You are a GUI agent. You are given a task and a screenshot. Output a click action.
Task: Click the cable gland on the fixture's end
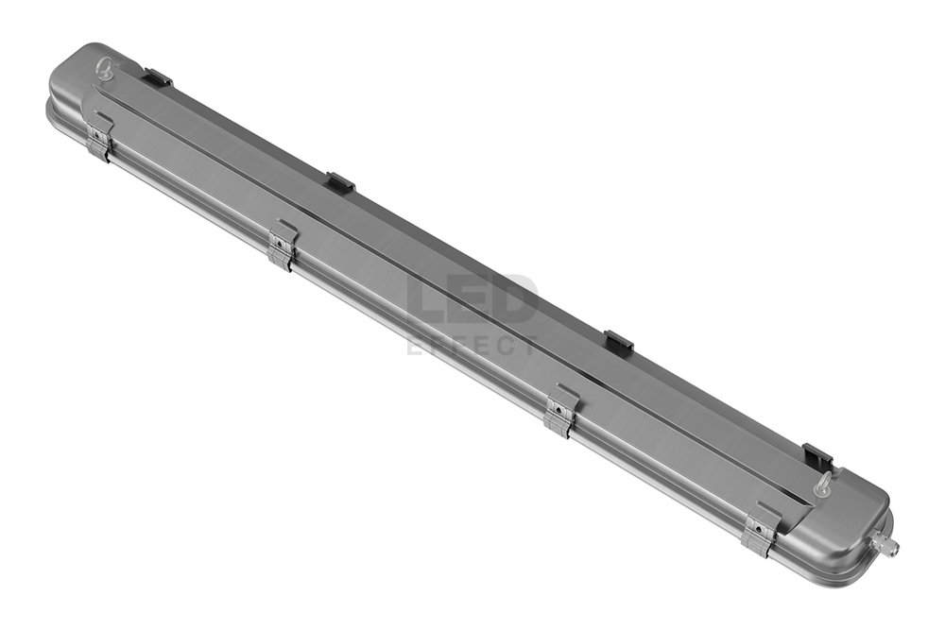(885, 541)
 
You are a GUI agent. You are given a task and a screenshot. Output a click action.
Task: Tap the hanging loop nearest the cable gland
(824, 485)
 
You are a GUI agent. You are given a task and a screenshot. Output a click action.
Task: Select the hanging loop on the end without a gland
(105, 68)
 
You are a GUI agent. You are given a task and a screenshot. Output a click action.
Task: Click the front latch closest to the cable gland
(759, 532)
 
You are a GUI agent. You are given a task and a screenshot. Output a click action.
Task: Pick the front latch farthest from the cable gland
(98, 137)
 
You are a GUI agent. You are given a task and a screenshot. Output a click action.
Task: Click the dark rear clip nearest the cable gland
(817, 457)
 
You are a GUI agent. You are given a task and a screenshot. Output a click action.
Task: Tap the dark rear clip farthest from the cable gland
(157, 78)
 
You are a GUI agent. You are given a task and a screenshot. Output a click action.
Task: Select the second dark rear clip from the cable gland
(618, 343)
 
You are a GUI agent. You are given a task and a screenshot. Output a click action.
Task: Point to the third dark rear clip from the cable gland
(340, 182)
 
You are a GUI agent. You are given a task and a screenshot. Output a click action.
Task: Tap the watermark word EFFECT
(472, 346)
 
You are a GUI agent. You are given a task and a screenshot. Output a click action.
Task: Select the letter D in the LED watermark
(516, 300)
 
